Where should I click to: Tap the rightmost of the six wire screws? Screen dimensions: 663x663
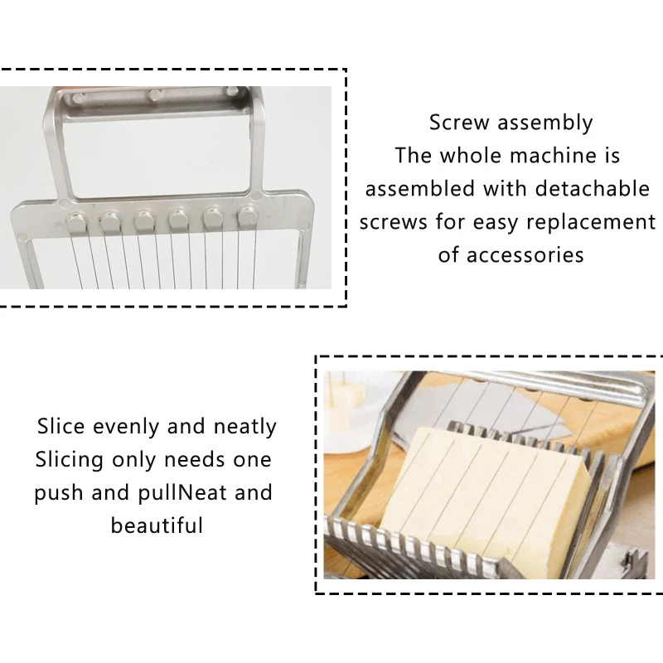[x=248, y=218]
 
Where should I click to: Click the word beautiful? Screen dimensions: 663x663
[x=157, y=525]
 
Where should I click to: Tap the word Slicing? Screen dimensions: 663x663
[x=69, y=460]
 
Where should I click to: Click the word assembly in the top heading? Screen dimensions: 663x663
[x=545, y=123]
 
